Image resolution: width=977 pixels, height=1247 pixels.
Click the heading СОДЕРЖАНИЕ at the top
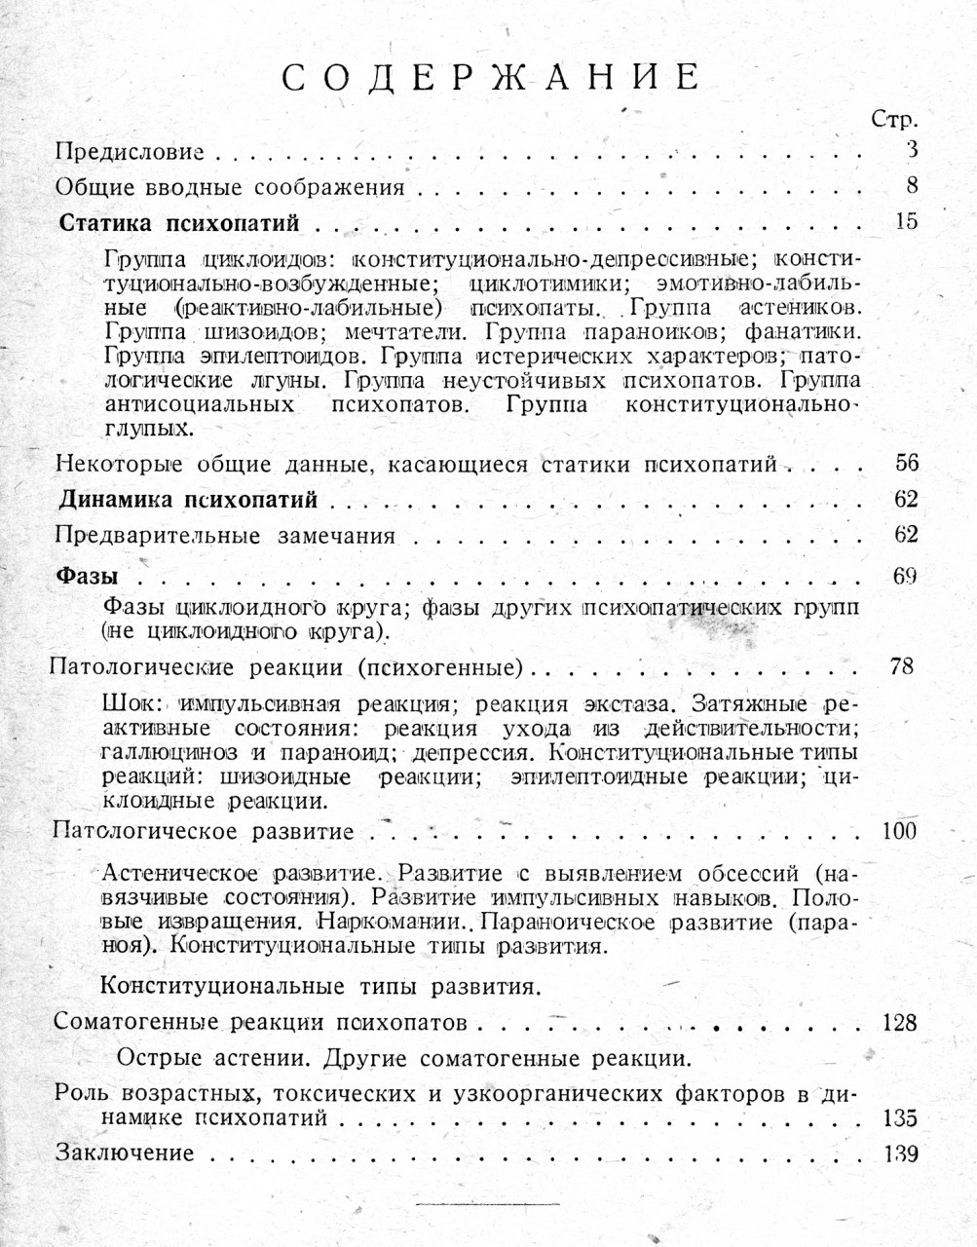(491, 78)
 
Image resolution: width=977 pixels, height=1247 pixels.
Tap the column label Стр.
(894, 121)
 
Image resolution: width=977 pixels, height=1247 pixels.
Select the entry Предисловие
(130, 152)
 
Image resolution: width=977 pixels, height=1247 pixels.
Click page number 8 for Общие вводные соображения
(911, 185)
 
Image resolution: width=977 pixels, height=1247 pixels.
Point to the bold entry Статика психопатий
(179, 223)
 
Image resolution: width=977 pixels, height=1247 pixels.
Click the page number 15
(905, 221)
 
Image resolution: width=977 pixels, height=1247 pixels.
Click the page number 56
(905, 462)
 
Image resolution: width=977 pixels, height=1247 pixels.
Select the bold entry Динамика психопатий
(189, 501)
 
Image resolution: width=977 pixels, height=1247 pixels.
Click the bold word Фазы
(86, 575)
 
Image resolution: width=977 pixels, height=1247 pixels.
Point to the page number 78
(902, 667)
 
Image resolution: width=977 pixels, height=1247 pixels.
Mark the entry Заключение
(125, 1153)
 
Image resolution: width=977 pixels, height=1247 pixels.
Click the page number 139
(899, 1153)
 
